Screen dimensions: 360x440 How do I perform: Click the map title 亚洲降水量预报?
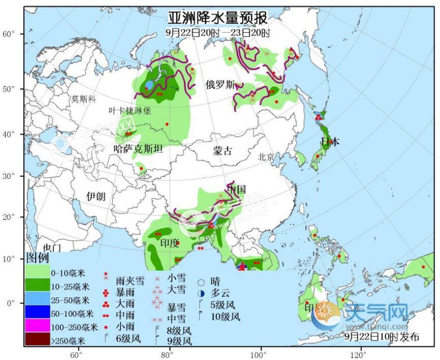(217, 19)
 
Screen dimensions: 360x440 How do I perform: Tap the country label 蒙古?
(222, 151)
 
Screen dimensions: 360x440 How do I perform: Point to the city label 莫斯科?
(83, 99)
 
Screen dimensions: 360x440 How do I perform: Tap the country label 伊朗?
(96, 196)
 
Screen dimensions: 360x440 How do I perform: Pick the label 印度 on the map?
(169, 243)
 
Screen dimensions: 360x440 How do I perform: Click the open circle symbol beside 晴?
(202, 283)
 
